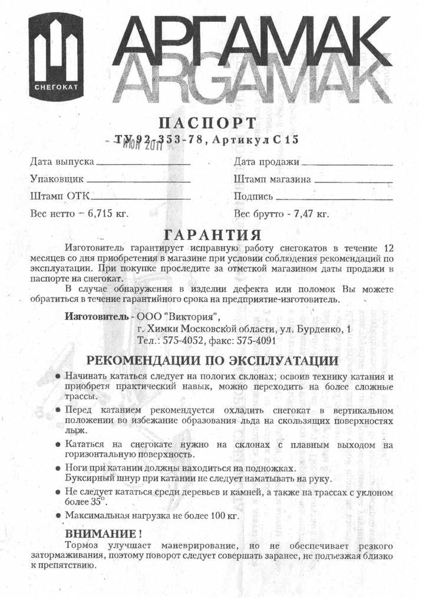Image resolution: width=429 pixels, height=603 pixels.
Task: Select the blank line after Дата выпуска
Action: click(x=143, y=162)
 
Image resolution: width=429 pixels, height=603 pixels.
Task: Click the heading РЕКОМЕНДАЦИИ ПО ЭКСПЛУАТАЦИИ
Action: click(x=213, y=360)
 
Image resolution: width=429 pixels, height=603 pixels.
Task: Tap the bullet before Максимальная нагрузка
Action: click(x=58, y=516)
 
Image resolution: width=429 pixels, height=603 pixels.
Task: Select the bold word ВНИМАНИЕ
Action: click(x=100, y=534)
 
